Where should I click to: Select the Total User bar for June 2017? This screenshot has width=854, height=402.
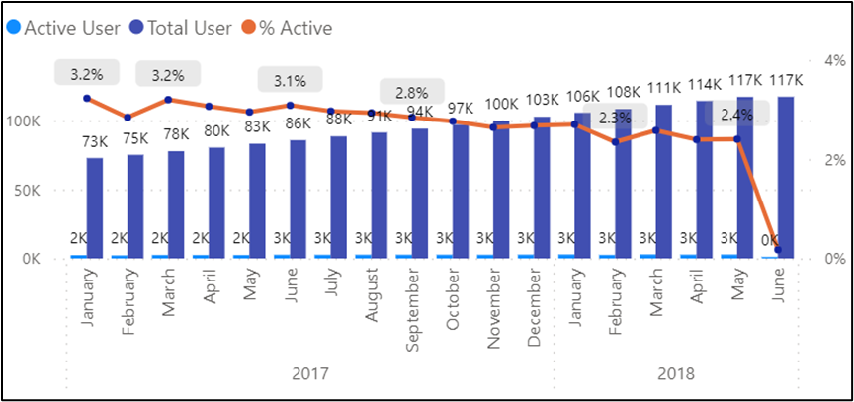[298, 199]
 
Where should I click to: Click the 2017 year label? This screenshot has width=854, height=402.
[310, 374]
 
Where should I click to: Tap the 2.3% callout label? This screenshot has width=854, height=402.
[615, 118]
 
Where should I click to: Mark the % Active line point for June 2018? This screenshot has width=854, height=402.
[778, 250]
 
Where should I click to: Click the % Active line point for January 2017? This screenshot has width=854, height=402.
[87, 98]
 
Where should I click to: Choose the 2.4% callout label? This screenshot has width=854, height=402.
[737, 115]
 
